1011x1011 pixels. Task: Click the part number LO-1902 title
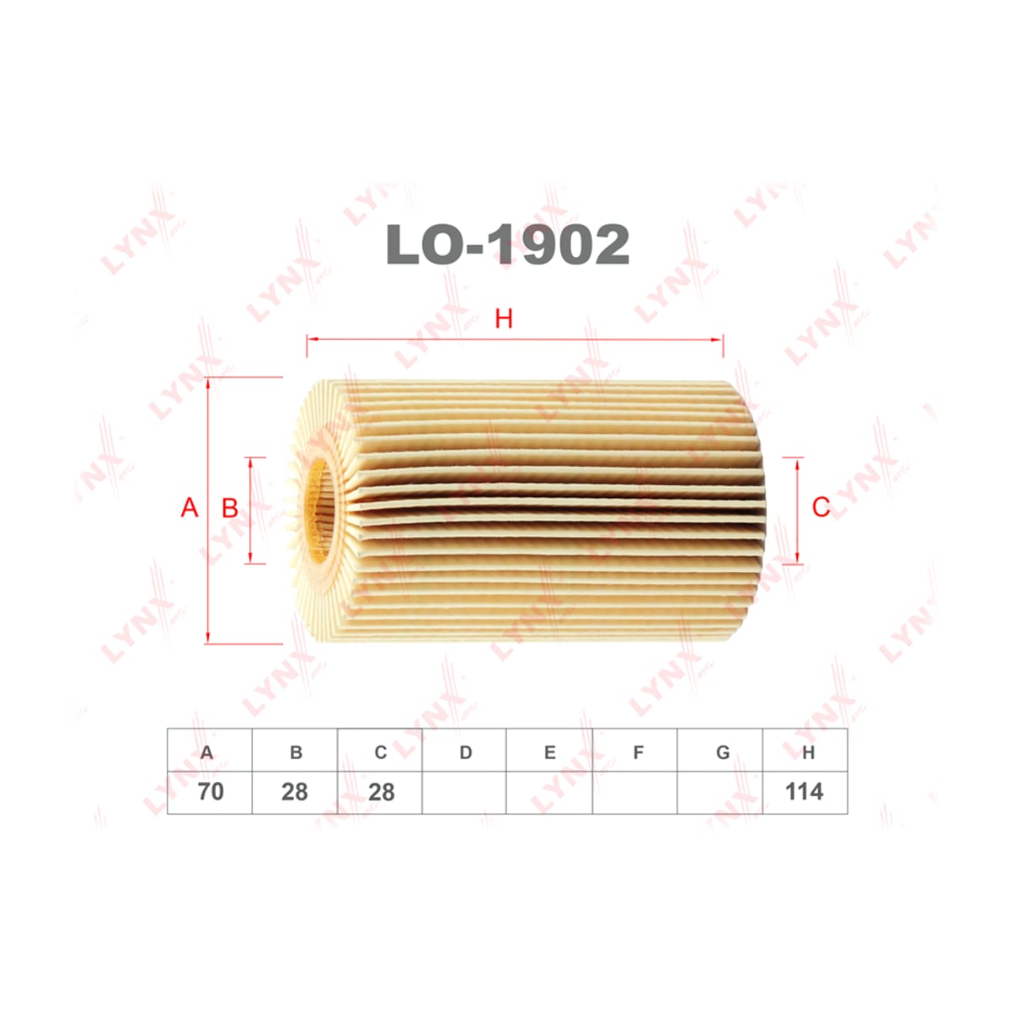pyautogui.click(x=507, y=244)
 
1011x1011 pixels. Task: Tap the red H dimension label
pyautogui.click(x=504, y=318)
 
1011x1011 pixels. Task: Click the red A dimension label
pyautogui.click(x=190, y=508)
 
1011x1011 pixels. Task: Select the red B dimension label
pyautogui.click(x=230, y=508)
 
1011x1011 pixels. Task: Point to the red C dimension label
pyautogui.click(x=821, y=508)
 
